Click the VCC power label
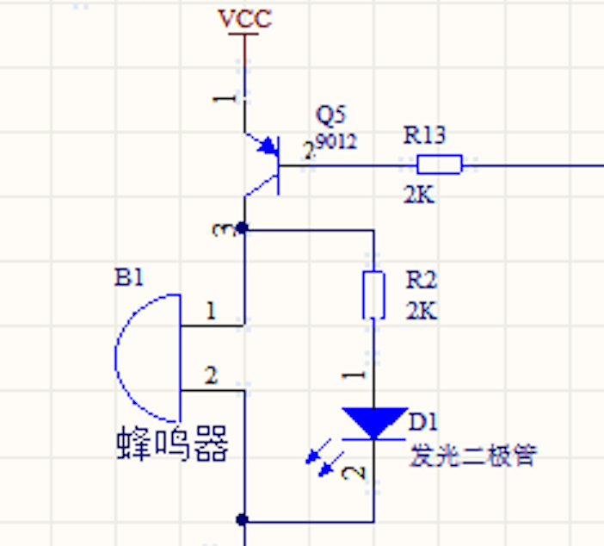(244, 18)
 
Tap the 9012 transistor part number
(336, 141)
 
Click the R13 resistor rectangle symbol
(440, 164)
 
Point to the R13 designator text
(424, 135)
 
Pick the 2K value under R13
(419, 195)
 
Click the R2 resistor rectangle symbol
(373, 295)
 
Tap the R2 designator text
(422, 280)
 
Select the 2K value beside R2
(422, 310)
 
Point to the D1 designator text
(424, 422)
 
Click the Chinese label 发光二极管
(472, 455)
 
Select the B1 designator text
(129, 277)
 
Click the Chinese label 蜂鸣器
(173, 444)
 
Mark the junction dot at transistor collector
(243, 229)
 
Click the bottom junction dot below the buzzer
(243, 520)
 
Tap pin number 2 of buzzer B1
(210, 375)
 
